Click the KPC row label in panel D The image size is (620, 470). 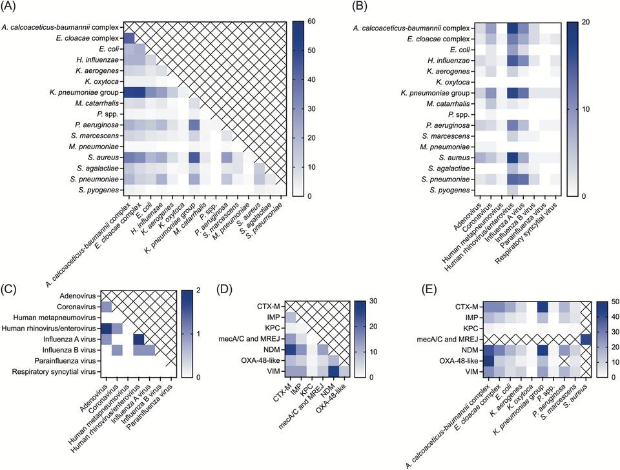[x=270, y=328]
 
